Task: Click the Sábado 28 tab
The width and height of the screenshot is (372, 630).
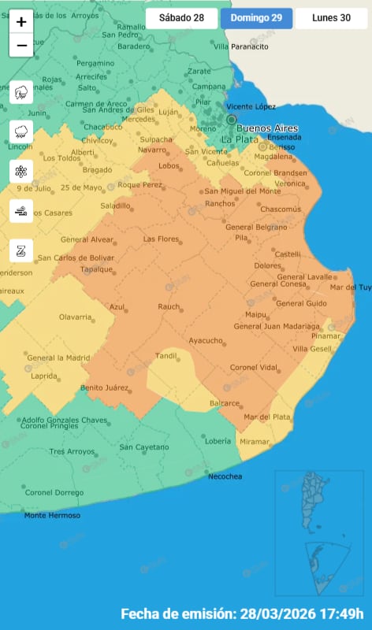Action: [x=181, y=18]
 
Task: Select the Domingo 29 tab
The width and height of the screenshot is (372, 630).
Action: [x=256, y=18]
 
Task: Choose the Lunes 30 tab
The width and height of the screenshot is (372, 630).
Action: [x=331, y=18]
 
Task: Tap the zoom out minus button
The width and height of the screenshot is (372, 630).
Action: [x=21, y=46]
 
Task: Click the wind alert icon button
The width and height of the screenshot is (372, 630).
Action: [x=21, y=210]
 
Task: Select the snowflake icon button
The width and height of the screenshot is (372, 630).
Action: [x=21, y=171]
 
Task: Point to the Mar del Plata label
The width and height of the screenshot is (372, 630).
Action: [x=267, y=417]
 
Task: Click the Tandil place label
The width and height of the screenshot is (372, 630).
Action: [x=166, y=356]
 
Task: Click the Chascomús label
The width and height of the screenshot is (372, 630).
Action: [x=281, y=209]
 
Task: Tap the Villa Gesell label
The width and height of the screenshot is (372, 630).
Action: [x=312, y=348]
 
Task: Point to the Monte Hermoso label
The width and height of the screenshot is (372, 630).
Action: [x=52, y=515]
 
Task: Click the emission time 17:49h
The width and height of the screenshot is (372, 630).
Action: [x=339, y=613]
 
